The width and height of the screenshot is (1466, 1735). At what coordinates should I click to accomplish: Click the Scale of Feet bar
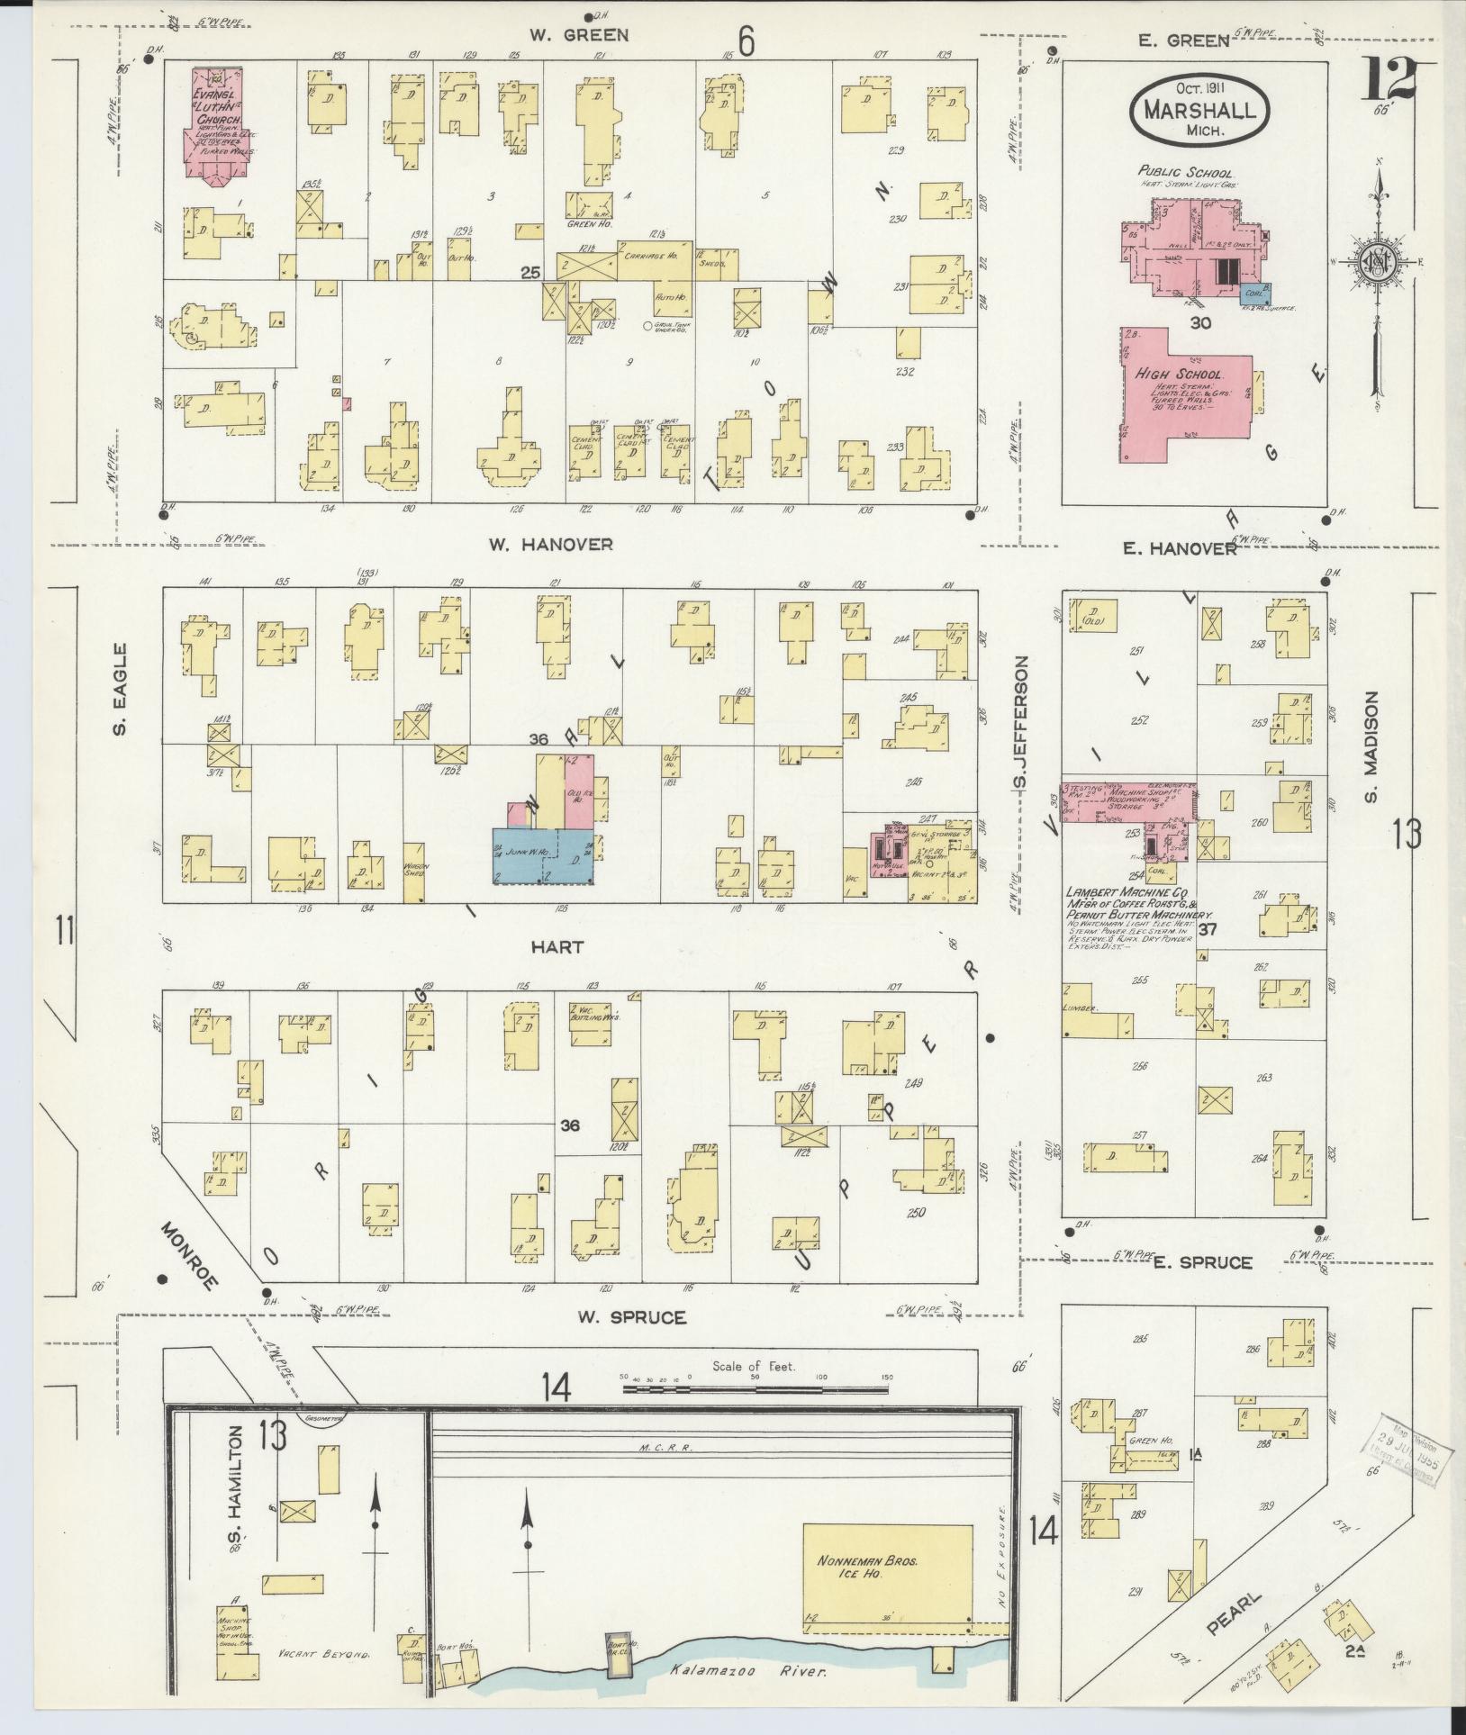click(756, 1415)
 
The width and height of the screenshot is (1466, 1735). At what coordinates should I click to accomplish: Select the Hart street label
click(557, 947)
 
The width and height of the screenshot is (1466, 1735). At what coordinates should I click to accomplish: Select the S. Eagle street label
click(120, 690)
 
